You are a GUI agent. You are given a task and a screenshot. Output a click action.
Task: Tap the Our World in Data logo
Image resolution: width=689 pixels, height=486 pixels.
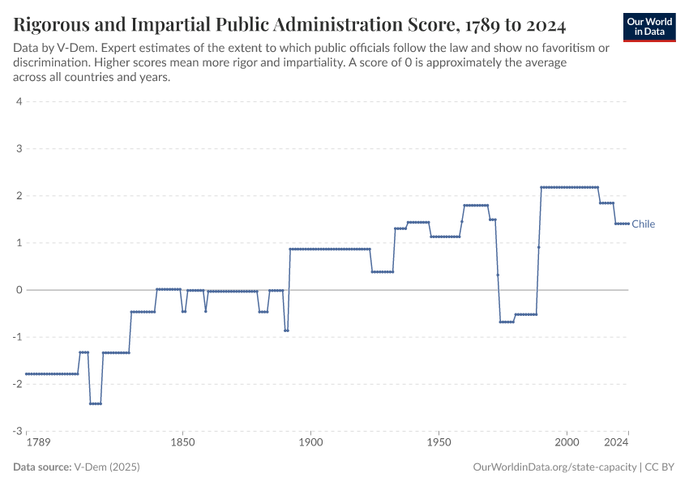point(649,27)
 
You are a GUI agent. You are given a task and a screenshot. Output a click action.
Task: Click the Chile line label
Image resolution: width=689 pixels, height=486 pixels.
point(643,224)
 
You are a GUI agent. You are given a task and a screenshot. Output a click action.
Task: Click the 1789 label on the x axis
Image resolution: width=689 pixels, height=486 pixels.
point(37,443)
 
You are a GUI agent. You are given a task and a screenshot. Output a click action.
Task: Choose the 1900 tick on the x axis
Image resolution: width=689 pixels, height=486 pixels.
point(310,443)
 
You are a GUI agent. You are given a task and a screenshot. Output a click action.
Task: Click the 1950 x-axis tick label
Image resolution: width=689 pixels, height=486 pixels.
point(439,443)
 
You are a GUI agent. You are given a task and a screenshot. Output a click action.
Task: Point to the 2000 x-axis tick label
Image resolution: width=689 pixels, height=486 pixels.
point(567,443)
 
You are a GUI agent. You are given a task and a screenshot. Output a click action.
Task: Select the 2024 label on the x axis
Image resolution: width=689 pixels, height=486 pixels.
point(617,443)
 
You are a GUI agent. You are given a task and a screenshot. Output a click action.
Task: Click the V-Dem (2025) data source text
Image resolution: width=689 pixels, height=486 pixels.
point(106,467)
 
